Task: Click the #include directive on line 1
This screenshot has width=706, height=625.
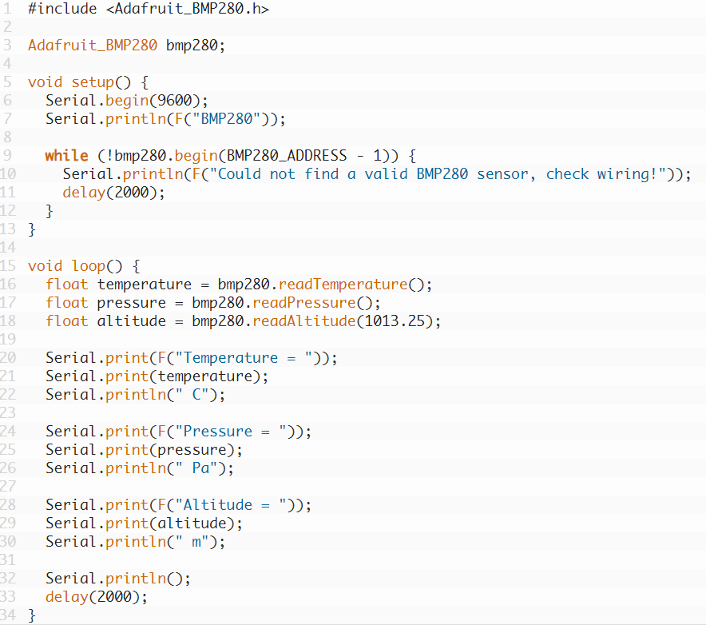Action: pyautogui.click(x=62, y=9)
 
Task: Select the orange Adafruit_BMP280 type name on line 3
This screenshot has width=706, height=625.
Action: pyautogui.click(x=93, y=45)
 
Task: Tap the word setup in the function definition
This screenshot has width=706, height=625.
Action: pyautogui.click(x=93, y=82)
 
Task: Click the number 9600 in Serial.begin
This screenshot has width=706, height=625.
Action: pyautogui.click(x=175, y=100)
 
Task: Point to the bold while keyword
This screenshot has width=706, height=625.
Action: pyautogui.click(x=66, y=156)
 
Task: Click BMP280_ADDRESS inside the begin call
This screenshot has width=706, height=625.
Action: pyautogui.click(x=287, y=156)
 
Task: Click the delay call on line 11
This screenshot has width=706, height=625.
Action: pyautogui.click(x=84, y=193)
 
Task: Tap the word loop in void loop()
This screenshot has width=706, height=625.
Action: pyautogui.click(x=88, y=266)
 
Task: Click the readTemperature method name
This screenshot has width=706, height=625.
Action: pyautogui.click(x=343, y=285)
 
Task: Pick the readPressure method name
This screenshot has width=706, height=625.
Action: pyautogui.click(x=304, y=303)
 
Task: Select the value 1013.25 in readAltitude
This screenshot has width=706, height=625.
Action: pyautogui.click(x=395, y=320)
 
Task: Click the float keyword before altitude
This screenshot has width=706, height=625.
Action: pyautogui.click(x=66, y=320)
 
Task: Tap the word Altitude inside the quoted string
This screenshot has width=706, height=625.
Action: pyautogui.click(x=217, y=504)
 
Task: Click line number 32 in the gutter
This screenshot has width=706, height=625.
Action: pyautogui.click(x=8, y=578)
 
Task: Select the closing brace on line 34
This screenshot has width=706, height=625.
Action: pyautogui.click(x=31, y=615)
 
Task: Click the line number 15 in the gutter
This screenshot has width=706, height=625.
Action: pyautogui.click(x=8, y=266)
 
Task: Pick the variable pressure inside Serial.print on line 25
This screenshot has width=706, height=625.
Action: pyautogui.click(x=192, y=450)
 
